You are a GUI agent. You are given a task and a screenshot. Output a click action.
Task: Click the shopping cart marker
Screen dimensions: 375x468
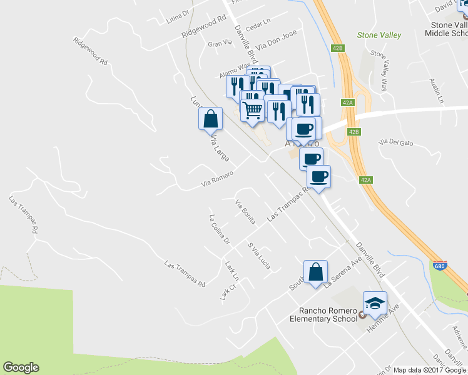252,111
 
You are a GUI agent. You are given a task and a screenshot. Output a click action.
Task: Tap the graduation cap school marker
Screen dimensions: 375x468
375,304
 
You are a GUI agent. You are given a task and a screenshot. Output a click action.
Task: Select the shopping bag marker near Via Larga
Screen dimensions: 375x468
211,119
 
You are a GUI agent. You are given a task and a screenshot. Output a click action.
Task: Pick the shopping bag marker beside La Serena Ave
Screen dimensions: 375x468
316,272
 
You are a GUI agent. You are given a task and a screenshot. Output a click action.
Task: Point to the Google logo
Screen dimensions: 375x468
21,367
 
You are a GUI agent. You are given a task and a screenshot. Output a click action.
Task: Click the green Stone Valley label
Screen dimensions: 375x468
379,36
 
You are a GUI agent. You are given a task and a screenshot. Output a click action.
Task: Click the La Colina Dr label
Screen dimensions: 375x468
220,229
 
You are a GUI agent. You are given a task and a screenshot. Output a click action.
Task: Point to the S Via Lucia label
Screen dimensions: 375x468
259,256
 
